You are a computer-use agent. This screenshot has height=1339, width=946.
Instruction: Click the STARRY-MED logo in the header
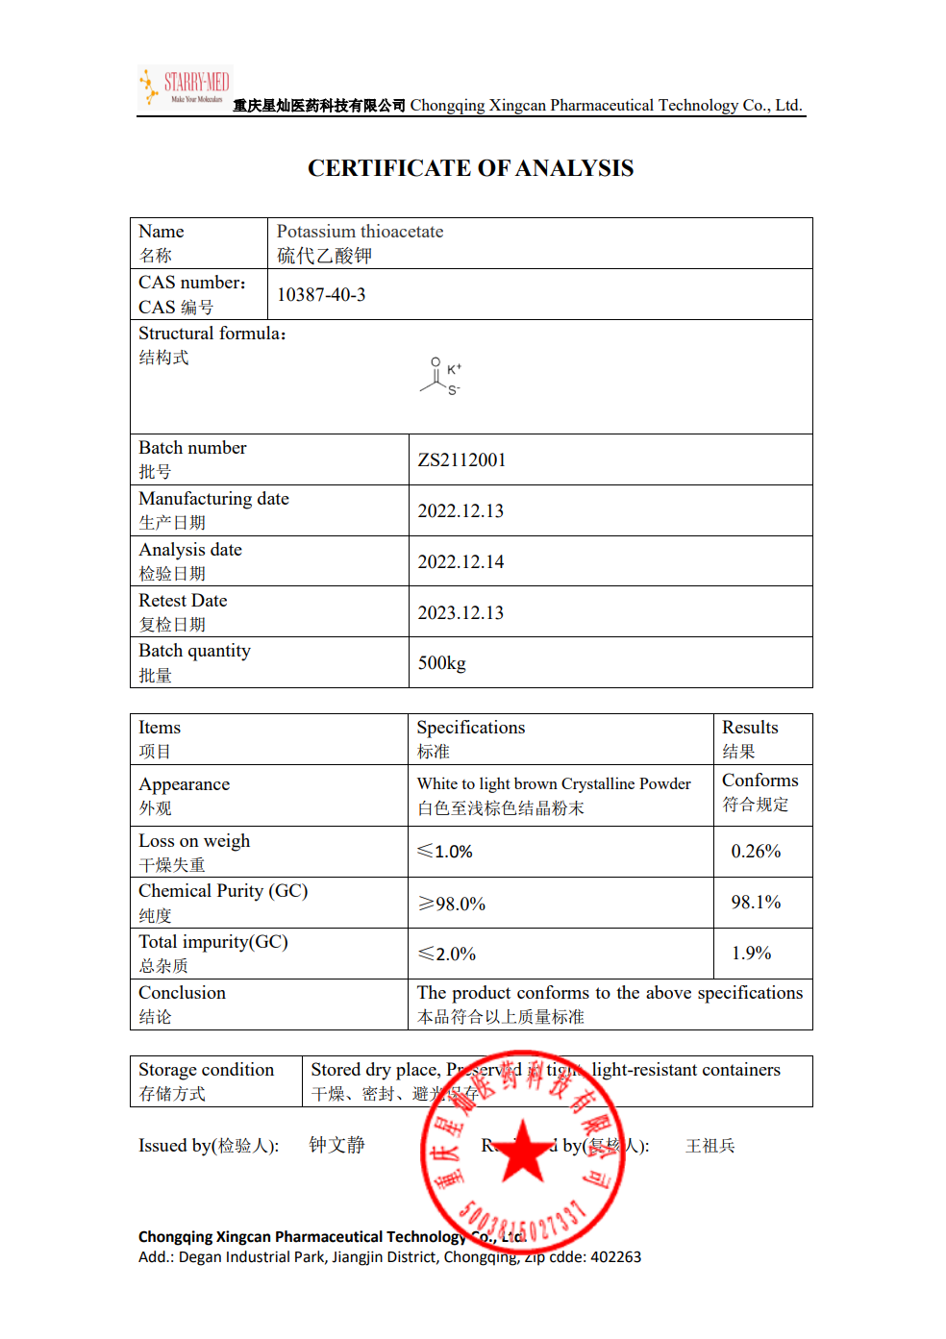tap(185, 87)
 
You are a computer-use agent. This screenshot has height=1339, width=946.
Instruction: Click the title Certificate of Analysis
tap(470, 168)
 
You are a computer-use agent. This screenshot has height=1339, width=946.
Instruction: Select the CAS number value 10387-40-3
tap(321, 295)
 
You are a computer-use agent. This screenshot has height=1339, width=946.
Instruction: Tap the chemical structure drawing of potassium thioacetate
tap(440, 377)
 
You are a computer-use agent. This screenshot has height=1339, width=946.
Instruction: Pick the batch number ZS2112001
tap(461, 460)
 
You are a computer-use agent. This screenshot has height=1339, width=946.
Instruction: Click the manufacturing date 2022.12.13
tap(461, 511)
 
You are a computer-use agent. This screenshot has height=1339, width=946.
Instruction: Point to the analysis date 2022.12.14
tap(461, 562)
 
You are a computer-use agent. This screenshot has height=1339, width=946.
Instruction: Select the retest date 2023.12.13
tap(461, 613)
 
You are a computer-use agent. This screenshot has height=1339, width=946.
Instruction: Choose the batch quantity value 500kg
tap(441, 663)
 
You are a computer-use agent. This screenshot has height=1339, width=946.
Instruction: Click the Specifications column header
tap(471, 728)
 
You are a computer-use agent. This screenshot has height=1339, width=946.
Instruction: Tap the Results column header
tap(750, 728)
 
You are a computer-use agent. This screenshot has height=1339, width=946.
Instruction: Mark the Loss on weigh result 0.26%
tap(756, 852)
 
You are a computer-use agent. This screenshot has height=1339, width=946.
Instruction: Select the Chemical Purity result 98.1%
tap(756, 903)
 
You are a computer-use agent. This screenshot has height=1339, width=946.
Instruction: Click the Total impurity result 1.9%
tap(752, 954)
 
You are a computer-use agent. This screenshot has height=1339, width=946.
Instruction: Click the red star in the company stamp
tap(523, 1151)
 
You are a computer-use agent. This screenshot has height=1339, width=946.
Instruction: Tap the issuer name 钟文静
tap(336, 1145)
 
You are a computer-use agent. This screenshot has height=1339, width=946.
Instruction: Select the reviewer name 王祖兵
tap(709, 1146)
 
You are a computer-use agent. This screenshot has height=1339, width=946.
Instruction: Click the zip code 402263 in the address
tap(615, 1257)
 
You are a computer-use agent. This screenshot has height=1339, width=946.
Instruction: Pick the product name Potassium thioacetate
tap(360, 232)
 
